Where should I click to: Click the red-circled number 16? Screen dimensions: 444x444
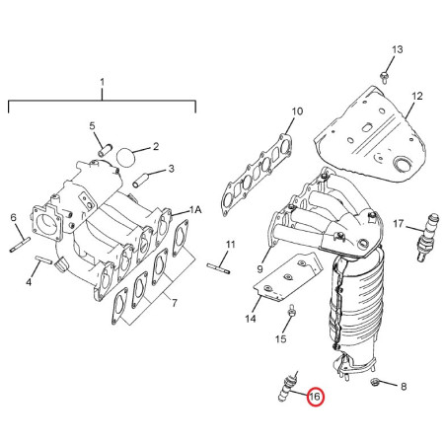(x=315, y=397)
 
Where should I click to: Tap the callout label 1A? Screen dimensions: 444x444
(x=195, y=210)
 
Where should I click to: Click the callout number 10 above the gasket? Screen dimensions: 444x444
(x=297, y=111)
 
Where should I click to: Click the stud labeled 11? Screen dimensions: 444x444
(x=218, y=264)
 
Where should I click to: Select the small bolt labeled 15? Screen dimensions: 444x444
(x=292, y=315)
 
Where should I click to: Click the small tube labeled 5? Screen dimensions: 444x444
(x=106, y=148)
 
